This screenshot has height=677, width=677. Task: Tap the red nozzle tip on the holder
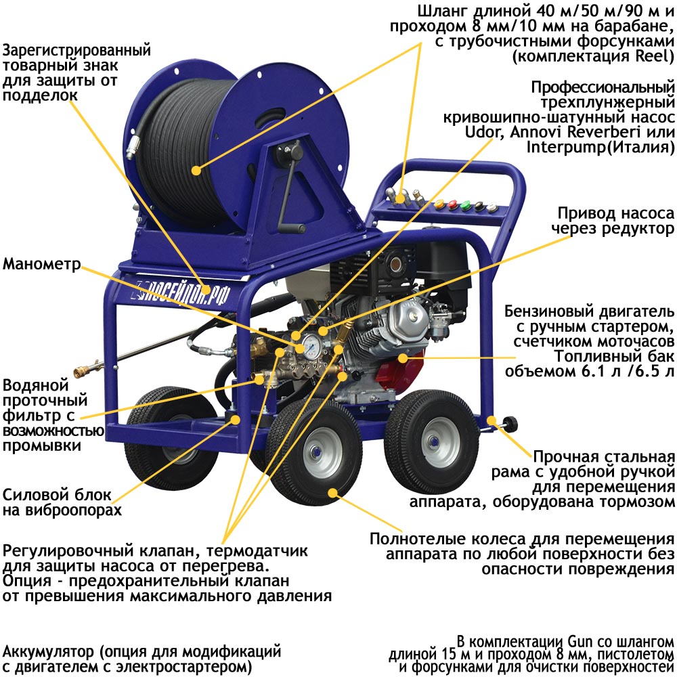(452, 204)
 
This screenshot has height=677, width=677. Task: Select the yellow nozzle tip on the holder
(439, 203)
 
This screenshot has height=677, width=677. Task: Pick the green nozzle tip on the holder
(466, 206)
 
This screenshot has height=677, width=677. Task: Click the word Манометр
(42, 263)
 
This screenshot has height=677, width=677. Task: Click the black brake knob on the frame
(510, 423)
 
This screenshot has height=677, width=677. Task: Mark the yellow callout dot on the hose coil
(196, 170)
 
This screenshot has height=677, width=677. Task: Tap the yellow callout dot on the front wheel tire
(332, 493)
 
